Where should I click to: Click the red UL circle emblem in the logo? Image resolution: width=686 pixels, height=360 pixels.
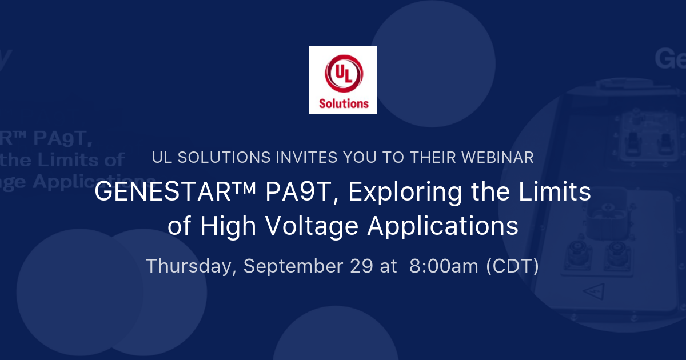(x=343, y=76)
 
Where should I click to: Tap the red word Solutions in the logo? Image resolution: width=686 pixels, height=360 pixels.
(x=343, y=103)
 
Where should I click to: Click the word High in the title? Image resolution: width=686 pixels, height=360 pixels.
(x=227, y=226)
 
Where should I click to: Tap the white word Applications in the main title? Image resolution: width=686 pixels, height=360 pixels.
(x=442, y=226)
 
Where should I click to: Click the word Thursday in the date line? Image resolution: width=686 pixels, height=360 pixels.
(x=191, y=266)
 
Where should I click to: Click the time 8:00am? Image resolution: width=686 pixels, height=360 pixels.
(x=444, y=266)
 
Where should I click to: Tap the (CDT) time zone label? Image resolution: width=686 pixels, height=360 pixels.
(x=512, y=266)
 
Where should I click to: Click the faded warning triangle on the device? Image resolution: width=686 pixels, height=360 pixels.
(x=591, y=292)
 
